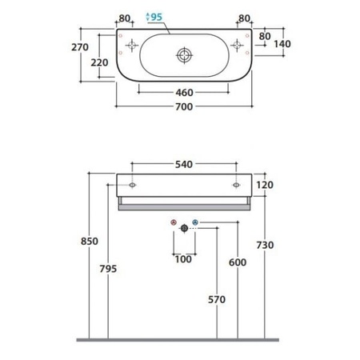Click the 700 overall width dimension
click(184, 107)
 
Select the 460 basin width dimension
click(184, 93)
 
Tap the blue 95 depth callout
click(154, 17)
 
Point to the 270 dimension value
click(80, 47)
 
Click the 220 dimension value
click(99, 62)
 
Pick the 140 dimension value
click(282, 44)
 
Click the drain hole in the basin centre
click(184, 55)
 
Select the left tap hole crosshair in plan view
click(132, 45)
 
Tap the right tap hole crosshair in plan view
click(237, 45)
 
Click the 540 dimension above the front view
click(184, 165)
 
